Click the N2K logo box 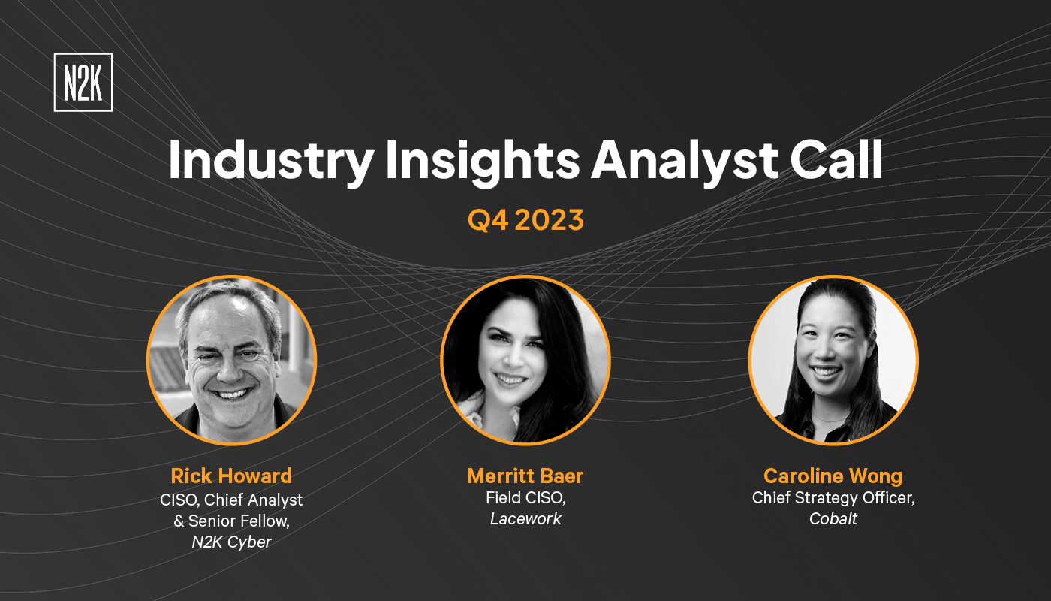point(83,83)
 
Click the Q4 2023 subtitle point(525,220)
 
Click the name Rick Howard point(231,476)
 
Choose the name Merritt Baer point(525,476)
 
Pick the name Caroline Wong point(833,476)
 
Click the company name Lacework point(525,519)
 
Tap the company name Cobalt point(833,519)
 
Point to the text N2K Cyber point(231,542)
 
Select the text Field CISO point(524,497)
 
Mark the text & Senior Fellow point(231,520)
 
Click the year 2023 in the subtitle point(553,220)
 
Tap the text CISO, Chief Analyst point(231,498)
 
